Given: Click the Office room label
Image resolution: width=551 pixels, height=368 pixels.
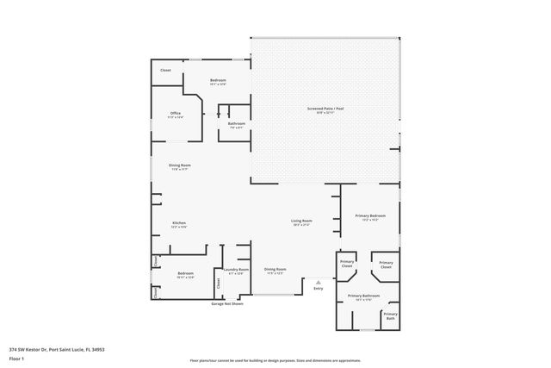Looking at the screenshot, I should point(175,114).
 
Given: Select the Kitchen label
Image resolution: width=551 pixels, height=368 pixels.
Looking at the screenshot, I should point(179,223).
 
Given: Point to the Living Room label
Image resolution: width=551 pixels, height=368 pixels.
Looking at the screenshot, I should point(300,221).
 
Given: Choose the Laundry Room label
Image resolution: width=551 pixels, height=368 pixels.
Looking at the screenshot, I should point(236,270).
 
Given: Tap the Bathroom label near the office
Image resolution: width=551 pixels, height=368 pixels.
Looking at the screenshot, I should point(237,124).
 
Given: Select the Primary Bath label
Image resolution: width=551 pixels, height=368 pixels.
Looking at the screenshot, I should point(390,315).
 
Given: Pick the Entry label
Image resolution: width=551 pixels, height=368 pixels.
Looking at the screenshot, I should point(319,288).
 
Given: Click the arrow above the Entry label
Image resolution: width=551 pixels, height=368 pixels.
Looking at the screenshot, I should point(319,281).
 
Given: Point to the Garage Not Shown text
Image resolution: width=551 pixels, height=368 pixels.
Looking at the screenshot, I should point(227,303).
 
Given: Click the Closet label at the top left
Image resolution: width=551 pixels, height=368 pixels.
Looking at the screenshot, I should point(165,70).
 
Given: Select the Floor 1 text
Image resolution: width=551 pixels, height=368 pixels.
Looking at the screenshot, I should point(16,358).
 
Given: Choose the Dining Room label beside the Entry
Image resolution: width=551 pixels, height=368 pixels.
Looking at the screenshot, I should point(275,270).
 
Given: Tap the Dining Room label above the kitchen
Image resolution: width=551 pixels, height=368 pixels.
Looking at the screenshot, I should point(180,165).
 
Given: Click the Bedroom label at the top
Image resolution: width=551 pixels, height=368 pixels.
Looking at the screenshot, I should point(218,81).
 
